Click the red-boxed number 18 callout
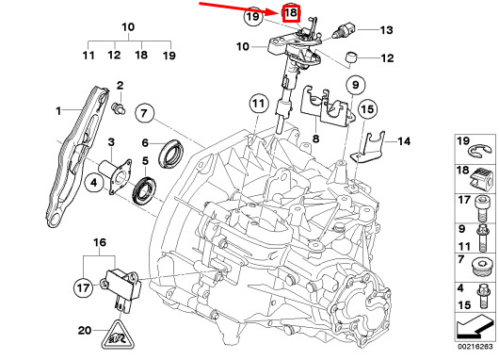[x=291, y=14]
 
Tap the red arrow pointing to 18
[x=239, y=8]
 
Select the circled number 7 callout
[x=144, y=113]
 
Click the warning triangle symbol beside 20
[x=118, y=335]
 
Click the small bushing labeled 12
[x=351, y=57]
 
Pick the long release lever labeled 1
[x=76, y=156]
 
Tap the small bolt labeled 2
[x=119, y=107]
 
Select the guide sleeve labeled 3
[x=115, y=176]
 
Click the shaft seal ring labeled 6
[x=171, y=154]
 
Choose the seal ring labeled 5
[x=144, y=192]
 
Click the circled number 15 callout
[x=367, y=109]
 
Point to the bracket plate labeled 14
[x=367, y=147]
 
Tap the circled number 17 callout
[x=84, y=288]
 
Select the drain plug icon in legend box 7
[x=482, y=270]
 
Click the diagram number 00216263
[x=475, y=347]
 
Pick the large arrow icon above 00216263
[x=475, y=327]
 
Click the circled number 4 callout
[x=94, y=183]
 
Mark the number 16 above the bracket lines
[x=100, y=242]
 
